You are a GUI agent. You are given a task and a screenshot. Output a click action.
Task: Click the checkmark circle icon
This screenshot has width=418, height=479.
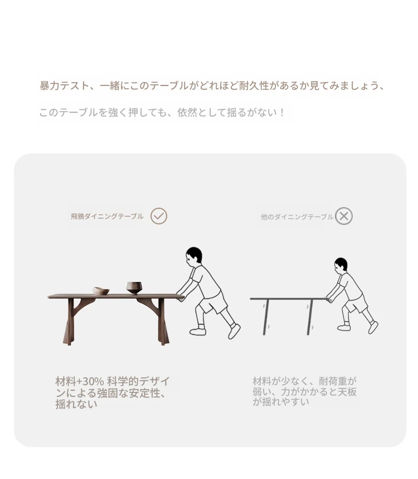tap(159, 216)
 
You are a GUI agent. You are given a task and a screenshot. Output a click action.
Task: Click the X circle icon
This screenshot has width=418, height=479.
tap(344, 216)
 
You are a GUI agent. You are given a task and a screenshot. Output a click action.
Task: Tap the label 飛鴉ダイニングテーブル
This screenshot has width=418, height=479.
tap(107, 217)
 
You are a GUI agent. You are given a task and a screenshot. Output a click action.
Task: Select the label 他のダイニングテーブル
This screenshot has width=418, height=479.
tap(297, 217)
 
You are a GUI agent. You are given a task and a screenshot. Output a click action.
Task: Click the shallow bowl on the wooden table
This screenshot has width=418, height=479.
tap(101, 290)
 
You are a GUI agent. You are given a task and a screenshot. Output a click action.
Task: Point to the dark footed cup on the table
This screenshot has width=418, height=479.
tap(134, 288)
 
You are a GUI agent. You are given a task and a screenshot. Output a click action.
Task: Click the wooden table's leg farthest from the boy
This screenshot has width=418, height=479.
tap(70, 322)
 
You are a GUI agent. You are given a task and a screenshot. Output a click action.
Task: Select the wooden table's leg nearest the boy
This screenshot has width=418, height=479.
tap(162, 322)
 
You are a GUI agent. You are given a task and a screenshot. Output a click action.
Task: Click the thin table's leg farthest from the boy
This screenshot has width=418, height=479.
tap(266, 317)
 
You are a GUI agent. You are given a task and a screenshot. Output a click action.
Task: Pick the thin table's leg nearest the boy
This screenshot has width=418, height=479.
tap(310, 317)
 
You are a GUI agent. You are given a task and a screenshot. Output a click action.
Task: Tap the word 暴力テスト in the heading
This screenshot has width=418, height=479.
tap(65, 86)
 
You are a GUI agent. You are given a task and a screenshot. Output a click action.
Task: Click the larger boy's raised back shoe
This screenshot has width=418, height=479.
tap(234, 332)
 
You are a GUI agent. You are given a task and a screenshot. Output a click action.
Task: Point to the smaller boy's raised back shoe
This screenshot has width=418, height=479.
tap(373, 328)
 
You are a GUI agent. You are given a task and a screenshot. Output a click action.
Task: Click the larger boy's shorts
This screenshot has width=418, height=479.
tap(215, 303)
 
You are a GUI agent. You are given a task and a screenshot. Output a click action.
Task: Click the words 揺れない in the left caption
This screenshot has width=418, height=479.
tap(76, 404)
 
